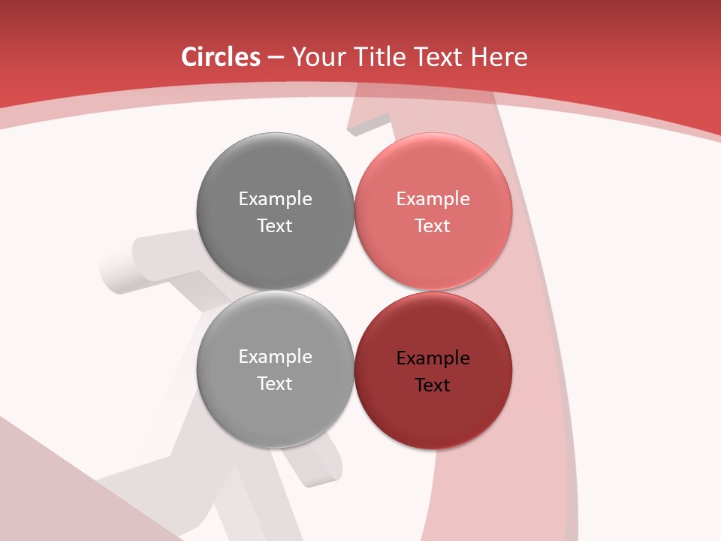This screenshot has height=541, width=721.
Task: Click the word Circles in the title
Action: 220,57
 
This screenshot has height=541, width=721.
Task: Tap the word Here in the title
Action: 499,57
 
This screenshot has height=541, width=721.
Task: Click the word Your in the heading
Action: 316,57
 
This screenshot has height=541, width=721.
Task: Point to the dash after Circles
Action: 276,58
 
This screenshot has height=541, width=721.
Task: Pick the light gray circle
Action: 275,410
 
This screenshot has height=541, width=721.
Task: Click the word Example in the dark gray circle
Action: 275,198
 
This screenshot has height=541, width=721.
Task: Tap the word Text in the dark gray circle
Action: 275,225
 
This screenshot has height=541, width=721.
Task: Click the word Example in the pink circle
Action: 433,198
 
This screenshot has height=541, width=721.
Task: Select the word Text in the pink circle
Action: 433,225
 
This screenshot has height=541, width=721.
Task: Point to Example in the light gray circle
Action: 275,356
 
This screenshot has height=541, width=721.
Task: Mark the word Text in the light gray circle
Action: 275,383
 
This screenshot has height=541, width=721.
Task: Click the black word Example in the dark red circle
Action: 433,358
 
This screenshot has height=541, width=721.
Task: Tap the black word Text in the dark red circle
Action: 433,385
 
